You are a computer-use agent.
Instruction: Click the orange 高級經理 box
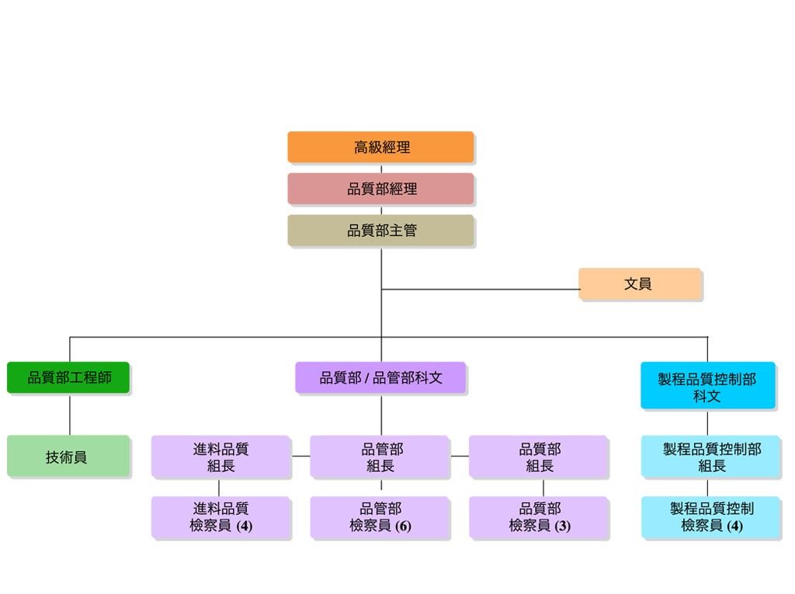[x=380, y=147]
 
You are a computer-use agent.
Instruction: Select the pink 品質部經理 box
[x=380, y=189]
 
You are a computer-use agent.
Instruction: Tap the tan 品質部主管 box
[x=380, y=231]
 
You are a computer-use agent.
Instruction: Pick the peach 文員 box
[x=640, y=283]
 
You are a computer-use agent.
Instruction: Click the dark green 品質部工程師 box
[x=68, y=377]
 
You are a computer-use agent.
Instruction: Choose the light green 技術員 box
[x=68, y=456]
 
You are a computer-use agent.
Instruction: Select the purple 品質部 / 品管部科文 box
[x=380, y=377]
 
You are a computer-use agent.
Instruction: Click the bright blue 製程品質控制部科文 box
[x=708, y=385]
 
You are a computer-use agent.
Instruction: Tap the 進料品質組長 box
[x=221, y=457]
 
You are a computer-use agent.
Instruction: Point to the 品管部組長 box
[x=380, y=457]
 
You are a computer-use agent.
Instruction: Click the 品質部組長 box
[x=539, y=457]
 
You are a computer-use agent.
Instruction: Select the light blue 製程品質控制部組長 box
[x=711, y=457]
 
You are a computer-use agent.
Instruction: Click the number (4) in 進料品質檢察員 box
[x=245, y=526]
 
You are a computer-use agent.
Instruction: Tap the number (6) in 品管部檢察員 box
[x=403, y=526]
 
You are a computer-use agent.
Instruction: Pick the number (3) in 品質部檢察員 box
[x=562, y=526]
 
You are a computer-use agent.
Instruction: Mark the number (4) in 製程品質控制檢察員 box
[x=734, y=526]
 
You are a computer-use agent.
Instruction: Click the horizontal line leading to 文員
[x=480, y=290]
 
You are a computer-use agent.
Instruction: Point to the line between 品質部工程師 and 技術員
[x=69, y=414]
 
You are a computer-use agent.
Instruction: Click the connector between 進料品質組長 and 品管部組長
[x=300, y=456]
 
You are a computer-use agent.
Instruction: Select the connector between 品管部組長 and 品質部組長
[x=460, y=456]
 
